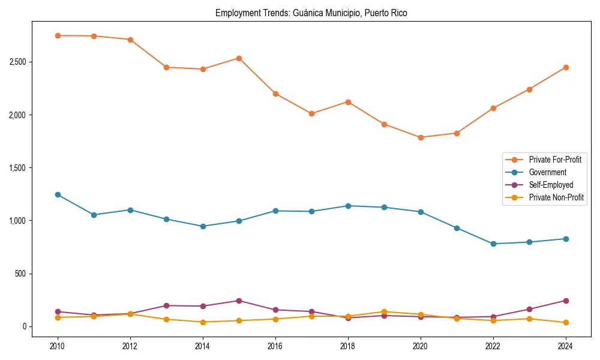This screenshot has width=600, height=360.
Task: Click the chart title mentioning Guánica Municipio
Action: point(311,13)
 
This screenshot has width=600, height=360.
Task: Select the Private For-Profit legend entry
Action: point(550,160)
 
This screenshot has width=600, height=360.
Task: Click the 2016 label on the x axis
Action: point(275,346)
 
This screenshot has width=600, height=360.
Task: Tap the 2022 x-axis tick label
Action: point(493,346)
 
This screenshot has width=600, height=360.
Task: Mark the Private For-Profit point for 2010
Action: point(58,35)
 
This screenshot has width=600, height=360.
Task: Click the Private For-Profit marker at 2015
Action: point(239,58)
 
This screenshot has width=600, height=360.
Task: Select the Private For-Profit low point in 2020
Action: point(421,137)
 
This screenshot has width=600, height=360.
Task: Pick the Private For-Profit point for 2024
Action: point(566,67)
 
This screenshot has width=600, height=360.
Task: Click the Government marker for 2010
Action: point(58,194)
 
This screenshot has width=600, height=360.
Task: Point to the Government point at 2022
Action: point(493,244)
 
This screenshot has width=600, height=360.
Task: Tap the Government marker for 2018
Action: point(348,206)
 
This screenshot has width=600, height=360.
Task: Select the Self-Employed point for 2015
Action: point(239,301)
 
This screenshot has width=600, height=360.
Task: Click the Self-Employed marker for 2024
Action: point(566,301)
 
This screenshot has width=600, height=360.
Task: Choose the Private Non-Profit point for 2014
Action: point(203,322)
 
